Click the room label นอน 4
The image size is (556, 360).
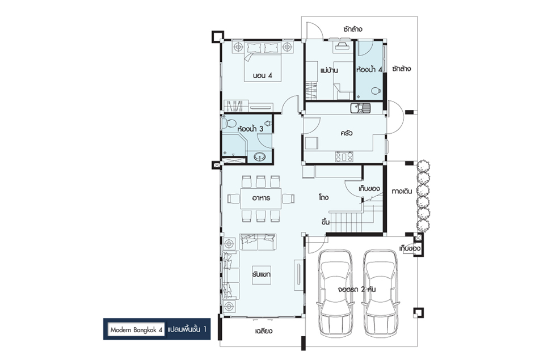262,75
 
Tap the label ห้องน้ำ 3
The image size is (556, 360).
250,129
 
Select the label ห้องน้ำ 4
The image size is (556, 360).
369,69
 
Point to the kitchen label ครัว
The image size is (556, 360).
347,133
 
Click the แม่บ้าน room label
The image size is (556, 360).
329,70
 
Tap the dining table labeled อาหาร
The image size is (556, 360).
261,198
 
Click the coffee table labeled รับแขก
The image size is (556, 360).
262,274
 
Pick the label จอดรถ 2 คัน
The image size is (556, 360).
357,289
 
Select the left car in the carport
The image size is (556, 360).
335,293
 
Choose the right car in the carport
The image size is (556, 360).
381,293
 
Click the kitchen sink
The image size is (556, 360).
360,108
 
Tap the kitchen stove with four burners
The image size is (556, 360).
344,156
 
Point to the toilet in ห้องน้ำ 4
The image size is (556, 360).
376,91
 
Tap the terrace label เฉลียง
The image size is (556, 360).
263,331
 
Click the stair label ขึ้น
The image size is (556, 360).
326,222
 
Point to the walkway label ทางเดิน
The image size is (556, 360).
402,192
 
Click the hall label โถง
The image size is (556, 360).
323,197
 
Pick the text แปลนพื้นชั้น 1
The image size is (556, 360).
187,329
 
